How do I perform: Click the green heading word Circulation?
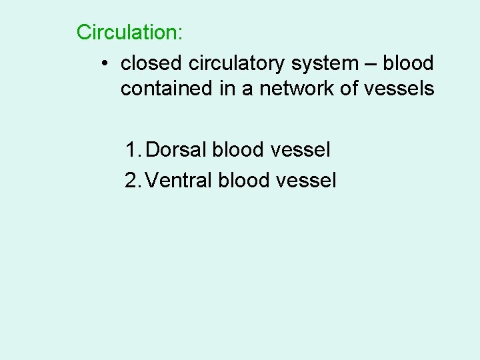coord(125,32)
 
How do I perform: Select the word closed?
coord(153,63)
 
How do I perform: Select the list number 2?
coord(132,179)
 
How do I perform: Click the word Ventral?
coord(179,179)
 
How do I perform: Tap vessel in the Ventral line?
coord(307,179)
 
